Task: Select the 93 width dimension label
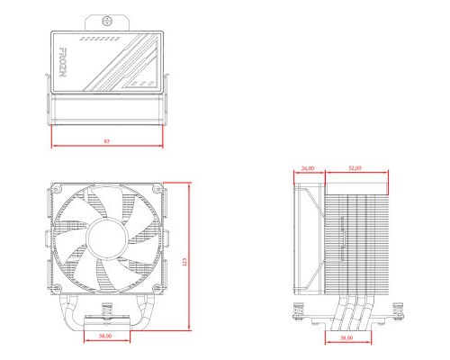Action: [107, 142]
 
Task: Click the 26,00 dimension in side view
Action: [308, 168]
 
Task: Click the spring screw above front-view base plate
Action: [107, 316]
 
